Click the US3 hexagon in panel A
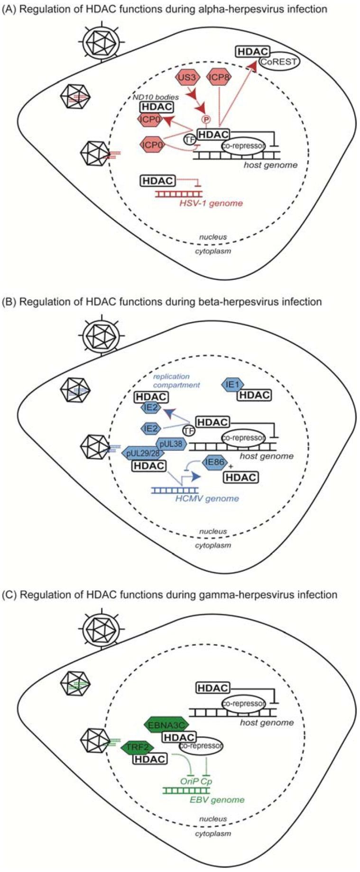pos(186,77)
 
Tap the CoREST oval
pos(278,62)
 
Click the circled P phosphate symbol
pos(206,119)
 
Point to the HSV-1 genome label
pos(211,203)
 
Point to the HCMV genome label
pos(206,498)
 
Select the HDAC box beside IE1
pos(254,395)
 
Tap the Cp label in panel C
pos(206,781)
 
